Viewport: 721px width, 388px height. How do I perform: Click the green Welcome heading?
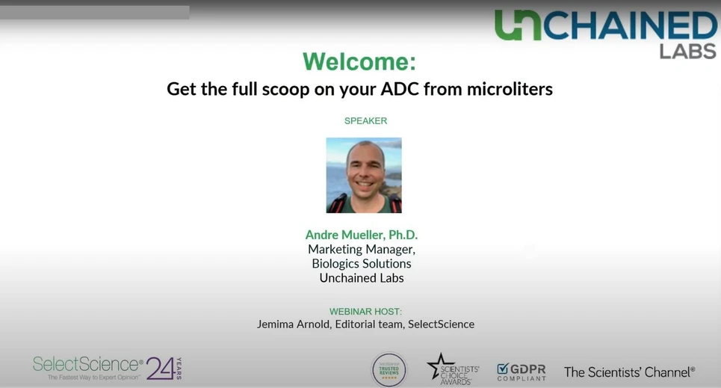coord(359,61)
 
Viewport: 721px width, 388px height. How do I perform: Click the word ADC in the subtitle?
coord(400,89)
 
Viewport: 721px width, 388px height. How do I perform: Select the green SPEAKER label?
coord(365,120)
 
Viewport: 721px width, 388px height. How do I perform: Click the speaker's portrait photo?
coord(364,175)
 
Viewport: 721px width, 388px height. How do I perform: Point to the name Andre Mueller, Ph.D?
coord(361,235)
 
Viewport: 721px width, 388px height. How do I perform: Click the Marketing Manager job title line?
coord(362,249)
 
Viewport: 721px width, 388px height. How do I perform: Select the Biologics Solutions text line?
coord(362,263)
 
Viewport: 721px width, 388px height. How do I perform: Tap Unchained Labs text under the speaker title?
coord(362,277)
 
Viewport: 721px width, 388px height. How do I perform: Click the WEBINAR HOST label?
coord(365,311)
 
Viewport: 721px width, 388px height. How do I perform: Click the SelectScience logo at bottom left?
coord(88,365)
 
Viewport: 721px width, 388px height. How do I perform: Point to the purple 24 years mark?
coord(162,367)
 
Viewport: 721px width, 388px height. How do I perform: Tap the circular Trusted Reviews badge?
coord(389,369)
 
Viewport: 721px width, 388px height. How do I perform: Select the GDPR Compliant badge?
coord(522,371)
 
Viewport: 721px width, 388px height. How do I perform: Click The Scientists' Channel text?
coord(629,372)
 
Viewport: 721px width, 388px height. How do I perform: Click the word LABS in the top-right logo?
coord(687,51)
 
